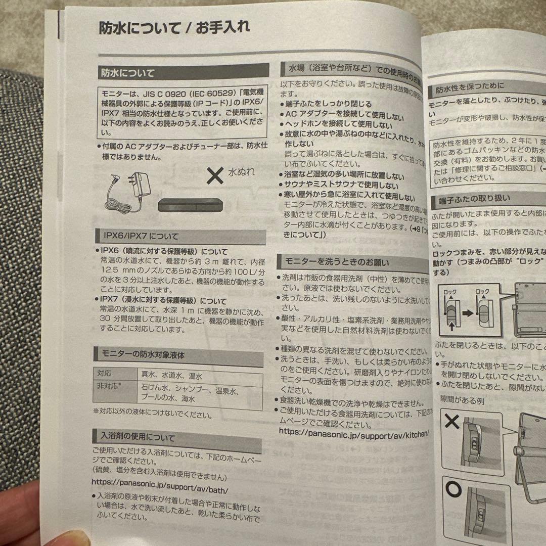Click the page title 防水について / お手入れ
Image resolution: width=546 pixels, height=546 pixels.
coord(174,28)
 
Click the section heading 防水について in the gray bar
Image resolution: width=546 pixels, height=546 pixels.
coord(127,73)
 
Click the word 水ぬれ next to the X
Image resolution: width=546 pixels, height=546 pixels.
coord(241,172)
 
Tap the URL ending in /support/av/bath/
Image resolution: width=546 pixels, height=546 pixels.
coord(160,490)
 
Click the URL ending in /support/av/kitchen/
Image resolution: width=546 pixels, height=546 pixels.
coord(354,433)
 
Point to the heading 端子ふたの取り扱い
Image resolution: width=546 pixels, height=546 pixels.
coord(471,200)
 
